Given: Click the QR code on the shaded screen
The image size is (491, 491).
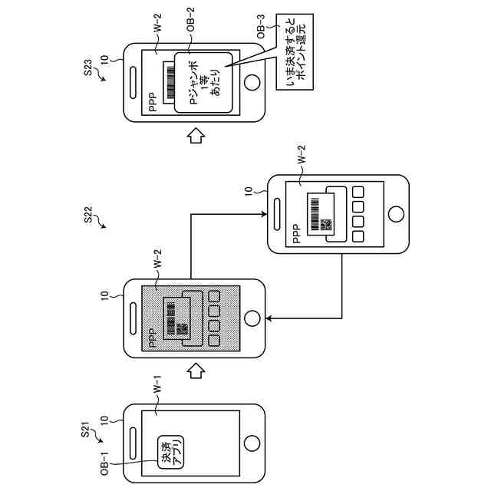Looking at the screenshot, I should point(183,328).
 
